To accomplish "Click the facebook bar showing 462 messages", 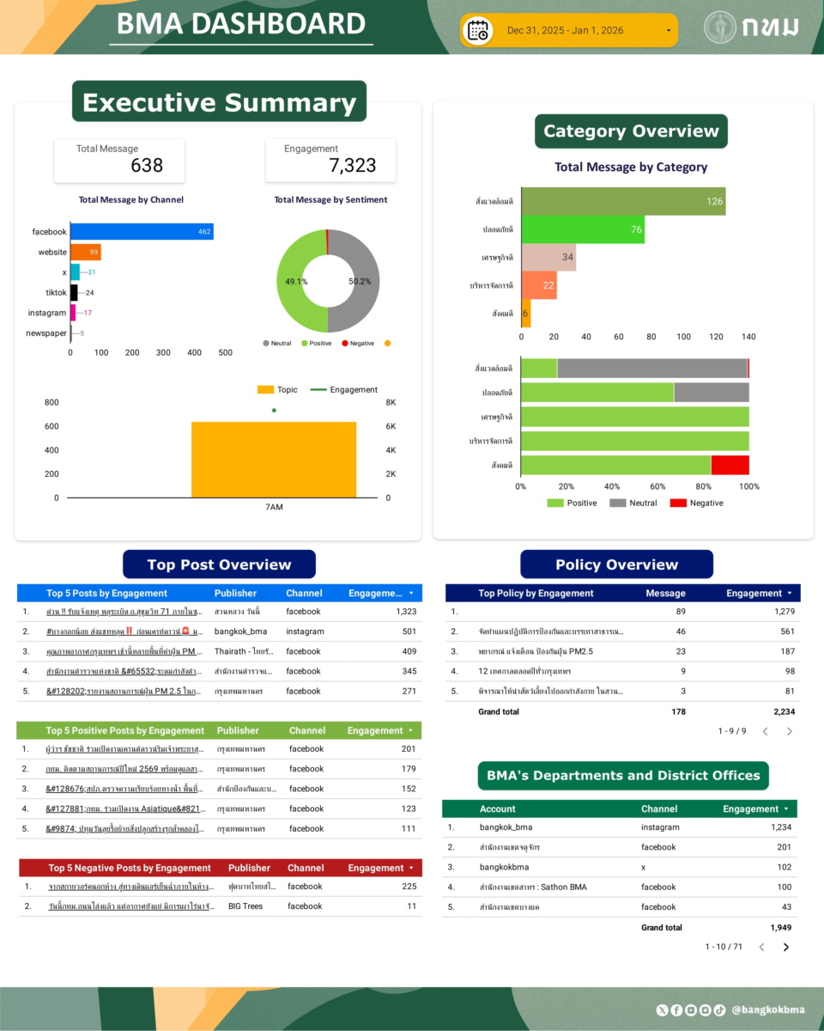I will [142, 232].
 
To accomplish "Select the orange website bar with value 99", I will [85, 252].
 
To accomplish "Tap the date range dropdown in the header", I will [570, 31].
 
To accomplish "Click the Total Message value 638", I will [147, 166].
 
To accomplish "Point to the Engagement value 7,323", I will [352, 166].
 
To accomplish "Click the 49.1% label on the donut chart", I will [297, 281].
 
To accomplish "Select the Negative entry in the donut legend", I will [361, 344].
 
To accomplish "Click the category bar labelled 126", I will [623, 201].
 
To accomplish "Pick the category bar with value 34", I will [548, 257].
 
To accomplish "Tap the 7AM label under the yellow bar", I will [274, 508].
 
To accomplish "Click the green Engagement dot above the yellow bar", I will [274, 411].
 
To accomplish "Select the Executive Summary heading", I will [219, 102].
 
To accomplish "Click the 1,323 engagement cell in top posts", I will [406, 612].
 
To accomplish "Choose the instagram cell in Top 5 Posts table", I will [306, 631].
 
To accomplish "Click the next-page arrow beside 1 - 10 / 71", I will [785, 947].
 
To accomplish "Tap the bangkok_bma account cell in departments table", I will [506, 827].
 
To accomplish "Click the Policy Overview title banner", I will [616, 564].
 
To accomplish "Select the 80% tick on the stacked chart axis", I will [703, 486].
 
